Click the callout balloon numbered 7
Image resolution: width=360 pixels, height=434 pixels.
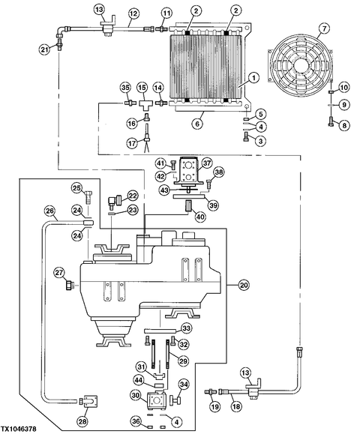click(x=324, y=28)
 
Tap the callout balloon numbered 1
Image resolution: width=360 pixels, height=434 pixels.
click(x=253, y=78)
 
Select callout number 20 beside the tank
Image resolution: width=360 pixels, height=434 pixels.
click(x=243, y=285)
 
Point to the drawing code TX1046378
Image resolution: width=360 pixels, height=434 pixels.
click(x=18, y=430)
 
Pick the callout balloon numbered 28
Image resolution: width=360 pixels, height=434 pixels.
click(x=82, y=421)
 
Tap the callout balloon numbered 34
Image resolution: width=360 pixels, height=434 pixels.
click(x=184, y=385)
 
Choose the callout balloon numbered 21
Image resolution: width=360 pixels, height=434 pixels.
click(x=44, y=49)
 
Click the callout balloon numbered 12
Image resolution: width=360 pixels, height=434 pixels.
click(x=133, y=13)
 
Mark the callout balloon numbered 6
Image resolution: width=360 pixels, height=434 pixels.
click(x=197, y=124)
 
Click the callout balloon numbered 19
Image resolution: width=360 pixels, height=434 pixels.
click(x=215, y=406)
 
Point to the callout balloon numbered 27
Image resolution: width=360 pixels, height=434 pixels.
click(x=59, y=273)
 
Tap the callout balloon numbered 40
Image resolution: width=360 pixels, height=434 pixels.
click(x=200, y=217)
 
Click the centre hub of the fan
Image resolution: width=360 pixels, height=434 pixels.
click(x=301, y=63)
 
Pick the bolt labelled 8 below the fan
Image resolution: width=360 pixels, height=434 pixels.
click(x=331, y=121)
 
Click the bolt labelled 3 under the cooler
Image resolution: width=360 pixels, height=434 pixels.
click(x=246, y=137)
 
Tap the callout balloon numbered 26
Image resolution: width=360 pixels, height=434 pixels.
click(x=49, y=211)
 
